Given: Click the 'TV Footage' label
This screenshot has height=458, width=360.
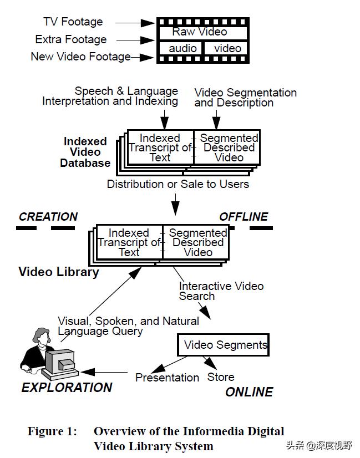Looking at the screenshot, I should pos(73,22).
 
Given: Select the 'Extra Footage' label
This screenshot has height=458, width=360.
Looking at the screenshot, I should pos(70,39).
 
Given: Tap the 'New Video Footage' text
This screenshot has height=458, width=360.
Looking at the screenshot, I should pos(80,57).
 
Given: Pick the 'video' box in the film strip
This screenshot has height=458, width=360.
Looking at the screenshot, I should pos(227,48).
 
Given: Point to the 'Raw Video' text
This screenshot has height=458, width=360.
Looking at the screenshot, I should pos(199,32).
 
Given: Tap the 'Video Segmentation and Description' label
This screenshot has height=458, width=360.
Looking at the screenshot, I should pos(245,98).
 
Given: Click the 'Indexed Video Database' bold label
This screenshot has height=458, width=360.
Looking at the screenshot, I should pos(85,152).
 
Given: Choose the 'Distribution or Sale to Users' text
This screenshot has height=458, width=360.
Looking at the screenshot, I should pos(178,184).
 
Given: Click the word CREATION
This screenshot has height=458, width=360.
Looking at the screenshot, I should pos(48,217).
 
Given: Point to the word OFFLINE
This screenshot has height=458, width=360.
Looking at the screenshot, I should pos(244,217).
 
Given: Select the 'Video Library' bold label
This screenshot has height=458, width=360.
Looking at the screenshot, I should pos(58,272).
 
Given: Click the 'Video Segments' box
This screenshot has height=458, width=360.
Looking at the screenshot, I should pos(224,345).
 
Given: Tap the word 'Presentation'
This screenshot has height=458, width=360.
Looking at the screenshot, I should pos(167,378).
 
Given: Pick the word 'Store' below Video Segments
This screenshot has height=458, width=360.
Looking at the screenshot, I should pos(220,378).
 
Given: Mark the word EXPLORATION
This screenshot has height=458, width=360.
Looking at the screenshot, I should pos(67,388).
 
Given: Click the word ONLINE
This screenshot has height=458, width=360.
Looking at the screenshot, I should pos(249,392).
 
